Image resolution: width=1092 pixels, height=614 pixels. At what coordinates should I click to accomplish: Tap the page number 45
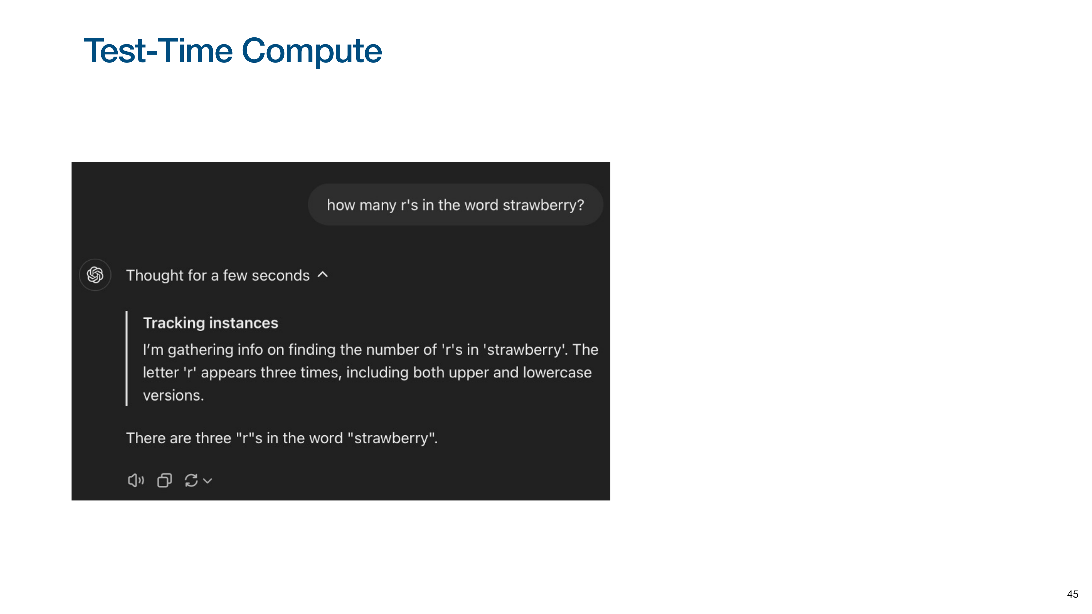pos(1073,594)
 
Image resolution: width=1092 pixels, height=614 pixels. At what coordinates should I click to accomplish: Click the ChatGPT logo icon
pos(95,275)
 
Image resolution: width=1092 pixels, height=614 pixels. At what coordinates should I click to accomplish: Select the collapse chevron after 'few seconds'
pos(323,275)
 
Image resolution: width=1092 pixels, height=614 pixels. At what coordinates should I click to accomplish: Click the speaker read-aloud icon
pos(136,481)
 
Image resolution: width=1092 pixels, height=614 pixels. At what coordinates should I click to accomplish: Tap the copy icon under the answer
pos(164,481)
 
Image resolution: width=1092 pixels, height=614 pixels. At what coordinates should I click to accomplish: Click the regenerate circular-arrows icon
pos(191,481)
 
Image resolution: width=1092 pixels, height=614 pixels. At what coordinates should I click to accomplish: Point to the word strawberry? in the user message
pos(544,205)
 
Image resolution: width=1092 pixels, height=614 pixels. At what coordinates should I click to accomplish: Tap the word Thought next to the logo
pos(155,275)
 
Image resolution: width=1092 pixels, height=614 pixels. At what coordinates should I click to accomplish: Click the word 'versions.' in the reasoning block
pos(173,395)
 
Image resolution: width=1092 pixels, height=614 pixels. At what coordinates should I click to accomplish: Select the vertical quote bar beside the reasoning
pos(127,359)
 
